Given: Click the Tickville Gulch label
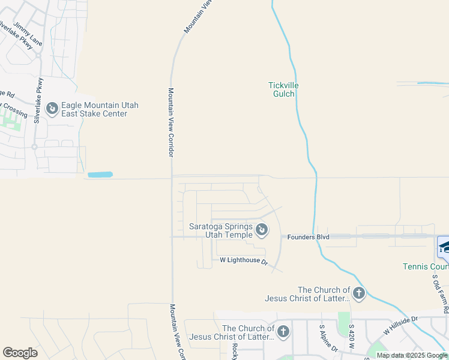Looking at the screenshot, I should pos(283,89).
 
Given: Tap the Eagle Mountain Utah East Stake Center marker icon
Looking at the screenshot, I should pos(52,109).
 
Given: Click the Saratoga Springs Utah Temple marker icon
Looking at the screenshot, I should pos(262,229).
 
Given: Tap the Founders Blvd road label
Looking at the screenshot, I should pos(309,237).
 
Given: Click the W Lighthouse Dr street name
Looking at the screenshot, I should pos(243,261).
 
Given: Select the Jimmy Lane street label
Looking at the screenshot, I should pos(28,35).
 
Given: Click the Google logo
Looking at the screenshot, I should pos(20,353).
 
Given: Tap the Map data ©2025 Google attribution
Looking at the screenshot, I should pos(412,355).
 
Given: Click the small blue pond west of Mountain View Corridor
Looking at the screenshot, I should pos(100,175).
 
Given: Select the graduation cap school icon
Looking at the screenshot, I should pos(444,247).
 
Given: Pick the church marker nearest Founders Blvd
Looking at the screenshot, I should pos(358,293).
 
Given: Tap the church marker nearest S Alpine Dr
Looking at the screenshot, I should pos(283,331).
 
